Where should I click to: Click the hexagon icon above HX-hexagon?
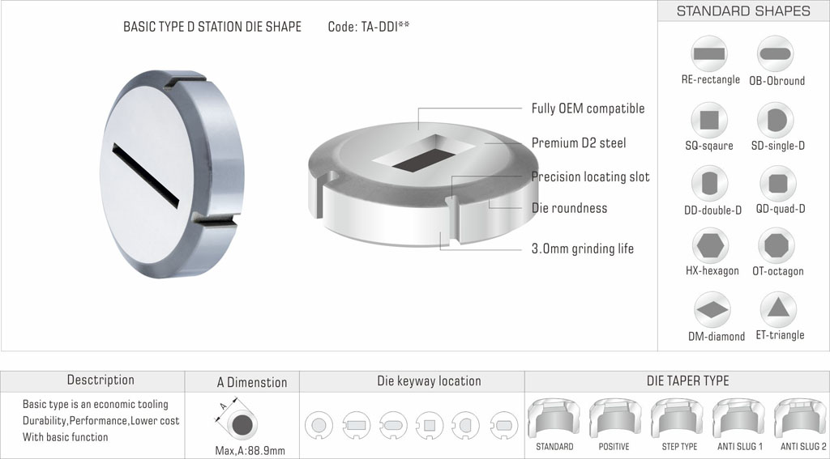click(711, 244)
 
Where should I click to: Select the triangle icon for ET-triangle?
click(777, 308)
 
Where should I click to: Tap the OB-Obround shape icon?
click(777, 53)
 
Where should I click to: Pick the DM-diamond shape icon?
click(712, 310)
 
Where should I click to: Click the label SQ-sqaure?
click(708, 146)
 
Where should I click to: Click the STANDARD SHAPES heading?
click(743, 11)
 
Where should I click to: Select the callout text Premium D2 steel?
click(579, 143)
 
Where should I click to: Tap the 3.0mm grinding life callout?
click(583, 249)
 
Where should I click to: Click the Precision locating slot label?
click(590, 176)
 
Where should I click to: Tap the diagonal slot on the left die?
click(146, 173)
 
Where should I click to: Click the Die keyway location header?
click(429, 380)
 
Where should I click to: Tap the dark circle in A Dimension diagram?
click(242, 424)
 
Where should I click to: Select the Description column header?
click(101, 380)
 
